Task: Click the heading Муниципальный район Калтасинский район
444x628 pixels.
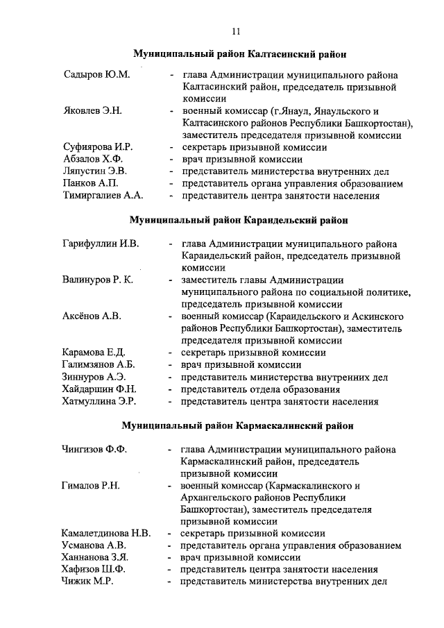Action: pos(239,53)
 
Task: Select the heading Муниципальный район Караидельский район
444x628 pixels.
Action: pos(239,221)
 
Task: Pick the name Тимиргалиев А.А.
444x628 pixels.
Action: pos(103,196)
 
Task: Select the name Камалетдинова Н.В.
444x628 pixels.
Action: pos(105,534)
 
